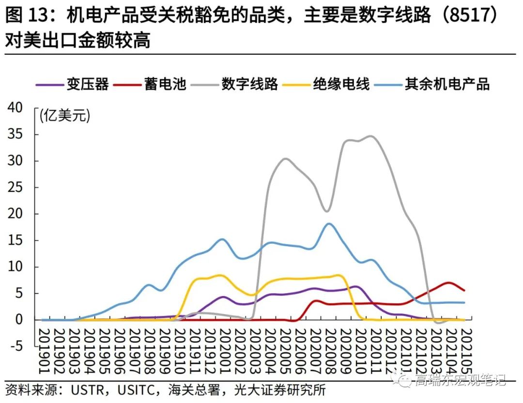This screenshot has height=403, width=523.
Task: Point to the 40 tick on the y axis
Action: click(15, 108)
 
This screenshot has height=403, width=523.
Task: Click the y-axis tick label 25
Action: click(15, 187)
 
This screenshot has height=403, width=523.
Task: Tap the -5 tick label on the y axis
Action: click(15, 346)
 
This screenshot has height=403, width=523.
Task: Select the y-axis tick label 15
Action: click(15, 240)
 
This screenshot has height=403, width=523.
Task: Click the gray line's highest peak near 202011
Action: click(371, 136)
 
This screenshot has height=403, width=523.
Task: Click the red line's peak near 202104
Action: click(449, 283)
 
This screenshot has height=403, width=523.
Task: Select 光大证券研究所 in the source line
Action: click(279, 389)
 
